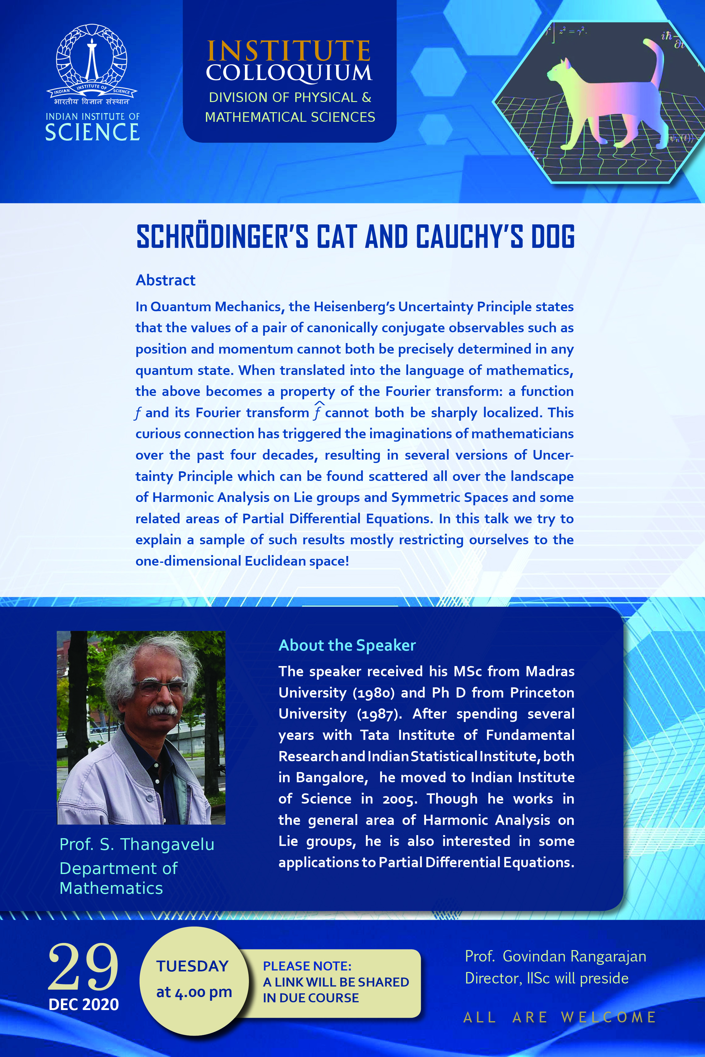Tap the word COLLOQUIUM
[289, 73]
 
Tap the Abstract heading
[165, 280]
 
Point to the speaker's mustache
[163, 710]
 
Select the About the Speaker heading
[347, 645]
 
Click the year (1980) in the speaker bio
[373, 693]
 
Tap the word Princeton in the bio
[542, 693]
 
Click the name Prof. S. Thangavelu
[137, 844]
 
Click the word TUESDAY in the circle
[192, 966]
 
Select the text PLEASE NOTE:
[307, 966]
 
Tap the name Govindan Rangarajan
[574, 956]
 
